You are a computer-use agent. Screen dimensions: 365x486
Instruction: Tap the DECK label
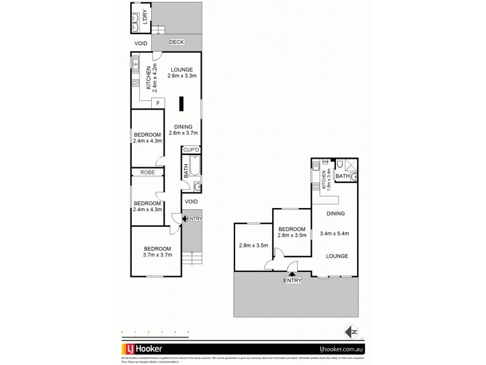pos(176,43)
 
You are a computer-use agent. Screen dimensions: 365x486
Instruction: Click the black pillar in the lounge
pos(180,104)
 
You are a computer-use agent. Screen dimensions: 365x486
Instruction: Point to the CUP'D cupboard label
pos(191,150)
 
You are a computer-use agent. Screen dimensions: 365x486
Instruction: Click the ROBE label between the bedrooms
pos(148,173)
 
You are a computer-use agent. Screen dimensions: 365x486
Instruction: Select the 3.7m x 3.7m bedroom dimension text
pos(157,255)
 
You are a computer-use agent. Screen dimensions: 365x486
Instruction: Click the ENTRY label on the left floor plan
pos(194,219)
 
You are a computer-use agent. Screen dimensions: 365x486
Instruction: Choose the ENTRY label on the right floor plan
pos(292,280)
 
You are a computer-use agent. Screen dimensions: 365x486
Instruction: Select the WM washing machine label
pos(325,162)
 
